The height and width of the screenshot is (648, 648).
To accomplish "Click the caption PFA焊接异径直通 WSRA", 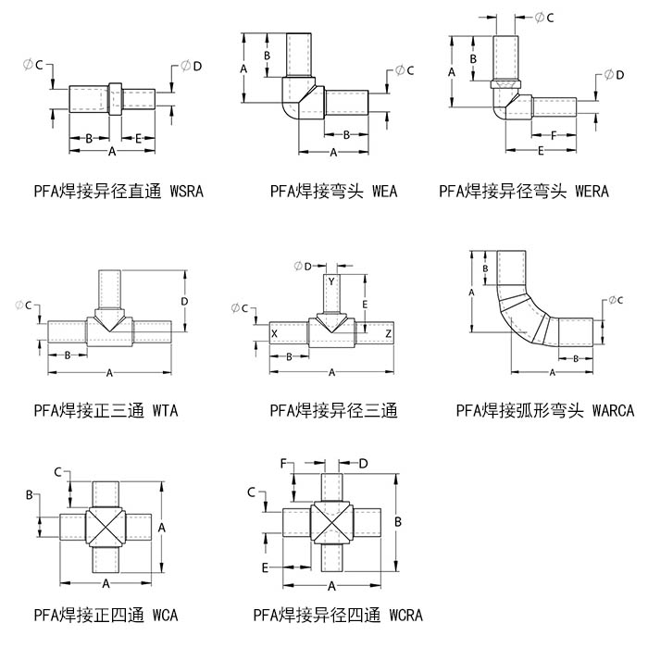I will [x=118, y=192].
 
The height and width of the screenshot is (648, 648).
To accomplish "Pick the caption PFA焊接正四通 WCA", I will [x=106, y=615].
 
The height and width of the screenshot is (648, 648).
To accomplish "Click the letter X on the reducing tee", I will [x=274, y=333].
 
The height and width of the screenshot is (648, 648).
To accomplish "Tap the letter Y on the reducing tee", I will [x=331, y=280].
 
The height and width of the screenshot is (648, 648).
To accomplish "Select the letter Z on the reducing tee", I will [x=388, y=333].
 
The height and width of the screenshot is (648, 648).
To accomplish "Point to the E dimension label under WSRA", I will [x=139, y=138].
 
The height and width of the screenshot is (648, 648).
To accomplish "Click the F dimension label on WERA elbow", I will [x=553, y=134].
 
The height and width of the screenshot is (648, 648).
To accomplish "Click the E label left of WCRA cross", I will [x=265, y=566].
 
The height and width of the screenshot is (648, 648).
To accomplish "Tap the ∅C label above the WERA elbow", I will [x=545, y=18].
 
